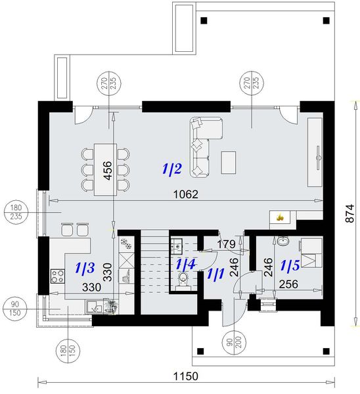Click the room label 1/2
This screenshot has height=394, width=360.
[x=172, y=169]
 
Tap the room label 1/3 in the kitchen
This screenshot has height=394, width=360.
[x=85, y=267]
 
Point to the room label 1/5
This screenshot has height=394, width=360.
[x=291, y=266]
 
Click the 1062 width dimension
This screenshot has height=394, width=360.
[x=186, y=194]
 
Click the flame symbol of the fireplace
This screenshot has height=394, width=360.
[x=279, y=216]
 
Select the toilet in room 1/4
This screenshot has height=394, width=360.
[x=183, y=280]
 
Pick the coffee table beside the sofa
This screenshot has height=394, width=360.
[x=229, y=162]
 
